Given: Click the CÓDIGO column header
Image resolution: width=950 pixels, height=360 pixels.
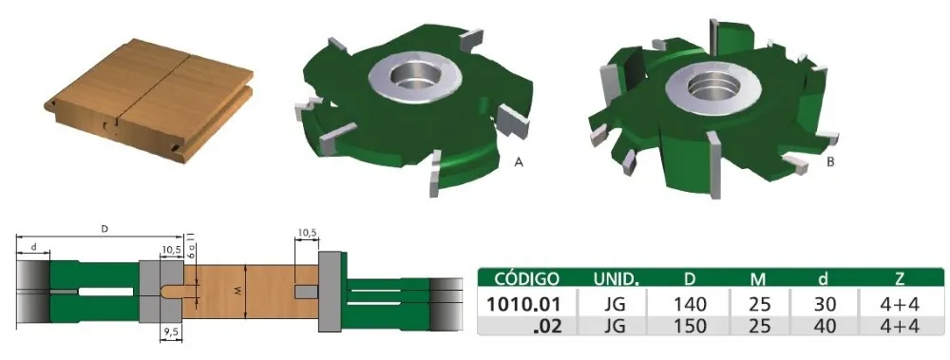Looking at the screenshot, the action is click(x=526, y=279).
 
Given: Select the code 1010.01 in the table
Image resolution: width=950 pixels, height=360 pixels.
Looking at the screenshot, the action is click(x=522, y=303).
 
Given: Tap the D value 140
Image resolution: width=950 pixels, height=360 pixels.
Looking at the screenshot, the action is click(x=690, y=303).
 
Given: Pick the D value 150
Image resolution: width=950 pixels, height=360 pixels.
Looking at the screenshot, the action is click(x=690, y=326).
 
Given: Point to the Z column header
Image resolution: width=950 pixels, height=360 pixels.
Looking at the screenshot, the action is click(x=899, y=279).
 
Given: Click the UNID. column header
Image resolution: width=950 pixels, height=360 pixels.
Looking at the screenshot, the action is click(x=617, y=279).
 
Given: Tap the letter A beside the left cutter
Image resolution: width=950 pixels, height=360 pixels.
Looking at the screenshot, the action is click(x=518, y=161).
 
